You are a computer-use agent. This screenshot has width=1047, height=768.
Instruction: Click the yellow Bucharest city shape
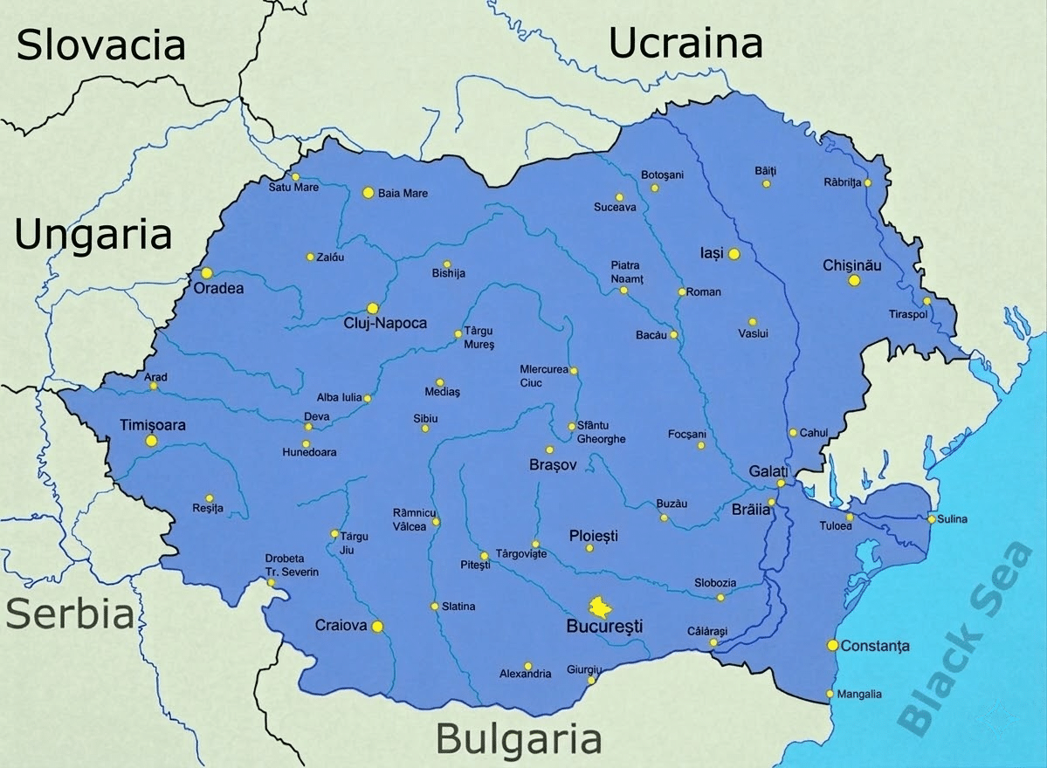pos(600,606)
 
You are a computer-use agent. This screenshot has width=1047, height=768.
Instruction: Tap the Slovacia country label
pos(101,45)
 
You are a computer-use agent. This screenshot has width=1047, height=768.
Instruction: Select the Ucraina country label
pos(685,43)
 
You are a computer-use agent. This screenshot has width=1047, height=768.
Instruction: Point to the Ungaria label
pos(93,235)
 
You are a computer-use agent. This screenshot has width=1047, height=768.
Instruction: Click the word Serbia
pos(70,614)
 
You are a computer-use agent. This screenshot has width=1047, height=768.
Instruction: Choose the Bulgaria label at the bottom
pos(519,739)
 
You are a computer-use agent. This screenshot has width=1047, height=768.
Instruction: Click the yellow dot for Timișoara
pos(151,441)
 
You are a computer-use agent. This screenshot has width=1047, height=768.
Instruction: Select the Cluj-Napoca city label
pos(385,324)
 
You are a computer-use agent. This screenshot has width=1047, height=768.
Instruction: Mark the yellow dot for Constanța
pos(832,645)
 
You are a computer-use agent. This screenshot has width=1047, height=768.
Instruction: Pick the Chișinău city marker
pos(854,280)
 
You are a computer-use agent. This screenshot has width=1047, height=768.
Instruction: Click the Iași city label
pos(712,253)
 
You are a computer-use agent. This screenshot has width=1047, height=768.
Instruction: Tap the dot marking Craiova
pos(377,626)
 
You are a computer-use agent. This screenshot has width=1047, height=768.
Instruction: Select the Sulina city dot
pos(932,519)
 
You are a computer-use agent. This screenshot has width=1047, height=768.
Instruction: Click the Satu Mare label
pos(293,188)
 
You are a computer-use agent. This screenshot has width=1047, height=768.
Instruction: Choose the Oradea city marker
pos(207,273)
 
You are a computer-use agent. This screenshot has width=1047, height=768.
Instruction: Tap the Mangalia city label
pos(859,695)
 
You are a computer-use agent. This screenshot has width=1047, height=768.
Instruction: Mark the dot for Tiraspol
pos(927,301)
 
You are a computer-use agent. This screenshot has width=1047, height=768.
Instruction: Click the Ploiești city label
pos(593,535)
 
